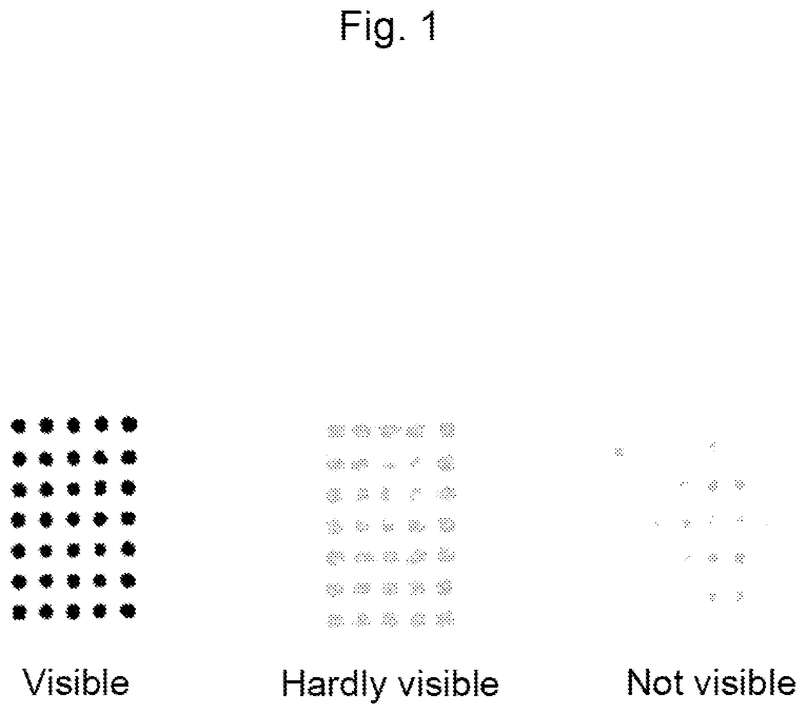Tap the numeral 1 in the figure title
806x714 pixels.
coord(430,26)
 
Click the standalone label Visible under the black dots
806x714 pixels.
coord(76,682)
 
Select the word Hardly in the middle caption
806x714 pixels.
coord(334,684)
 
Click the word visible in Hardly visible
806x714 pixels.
coord(448,682)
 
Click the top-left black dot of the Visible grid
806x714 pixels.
coord(18,426)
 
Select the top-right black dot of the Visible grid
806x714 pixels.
coord(129,424)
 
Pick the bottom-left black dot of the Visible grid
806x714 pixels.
coord(19,612)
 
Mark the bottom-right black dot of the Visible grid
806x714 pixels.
coord(127,610)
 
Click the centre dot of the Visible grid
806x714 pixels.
coord(73,519)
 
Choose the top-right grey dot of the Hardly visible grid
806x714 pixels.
coord(447,430)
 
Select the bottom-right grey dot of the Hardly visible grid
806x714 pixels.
coord(445,619)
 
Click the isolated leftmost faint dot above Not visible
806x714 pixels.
coord(619,452)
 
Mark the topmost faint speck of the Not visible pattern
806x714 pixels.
coord(713,447)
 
